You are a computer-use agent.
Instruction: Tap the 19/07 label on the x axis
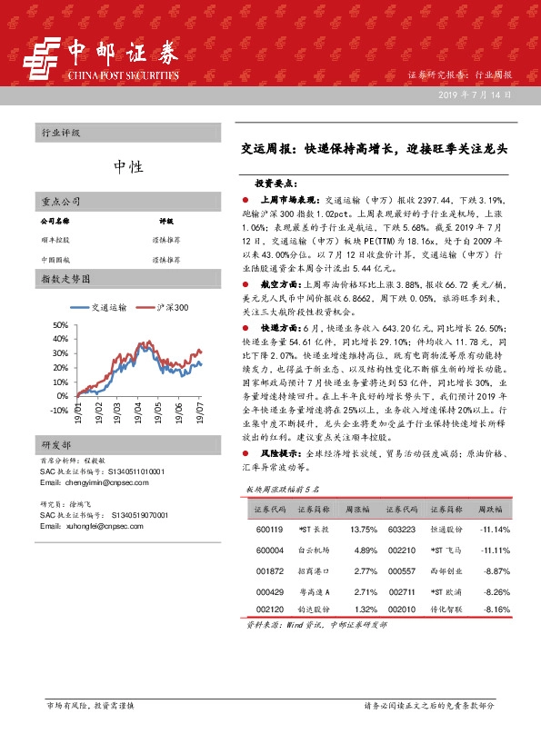coord(198,426)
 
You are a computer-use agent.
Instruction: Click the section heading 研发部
coord(56,471)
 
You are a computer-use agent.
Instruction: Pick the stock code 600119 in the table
coord(270,530)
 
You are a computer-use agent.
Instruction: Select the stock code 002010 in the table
coord(401,610)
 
